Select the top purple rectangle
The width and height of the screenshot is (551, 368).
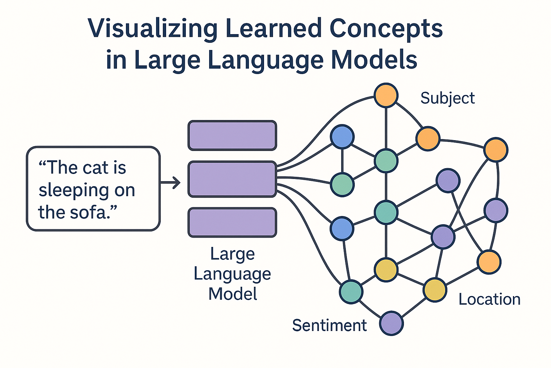(232, 135)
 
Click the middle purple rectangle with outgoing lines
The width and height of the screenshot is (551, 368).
(232, 179)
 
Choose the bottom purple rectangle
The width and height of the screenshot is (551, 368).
(232, 222)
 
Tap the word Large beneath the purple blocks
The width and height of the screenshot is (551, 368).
(232, 254)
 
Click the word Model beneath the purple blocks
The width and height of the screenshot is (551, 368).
(233, 294)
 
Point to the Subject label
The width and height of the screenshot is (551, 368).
(447, 98)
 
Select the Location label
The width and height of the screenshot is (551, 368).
(489, 299)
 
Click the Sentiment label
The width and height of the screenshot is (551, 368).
(329, 326)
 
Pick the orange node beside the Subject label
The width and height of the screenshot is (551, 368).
(386, 95)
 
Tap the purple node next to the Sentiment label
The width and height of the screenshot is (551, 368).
(391, 323)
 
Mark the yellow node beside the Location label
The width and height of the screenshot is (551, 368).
(435, 290)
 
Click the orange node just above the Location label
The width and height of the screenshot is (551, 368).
(489, 262)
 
